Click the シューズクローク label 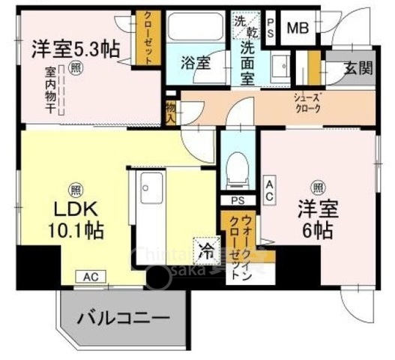308,103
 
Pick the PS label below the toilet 237,200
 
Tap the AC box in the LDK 89,276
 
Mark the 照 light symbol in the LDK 75,188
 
